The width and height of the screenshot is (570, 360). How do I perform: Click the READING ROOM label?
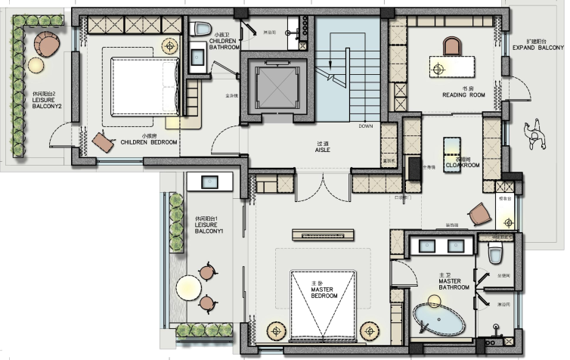tap(463, 95)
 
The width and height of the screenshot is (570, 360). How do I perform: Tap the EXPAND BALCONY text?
tap(537, 48)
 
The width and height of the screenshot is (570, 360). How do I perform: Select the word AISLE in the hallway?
tap(323, 150)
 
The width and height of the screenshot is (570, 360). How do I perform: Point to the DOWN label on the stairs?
tap(365, 126)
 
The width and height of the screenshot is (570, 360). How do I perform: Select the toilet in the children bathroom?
tap(201, 29)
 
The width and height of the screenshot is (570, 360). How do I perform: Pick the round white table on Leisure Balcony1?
tap(187, 287)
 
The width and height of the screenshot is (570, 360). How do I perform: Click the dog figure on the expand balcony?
tap(537, 136)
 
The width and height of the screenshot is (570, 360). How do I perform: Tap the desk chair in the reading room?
tap(451, 47)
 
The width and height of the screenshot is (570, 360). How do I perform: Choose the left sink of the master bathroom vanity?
tap(426, 246)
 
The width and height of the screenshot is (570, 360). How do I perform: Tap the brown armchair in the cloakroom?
tap(479, 216)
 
